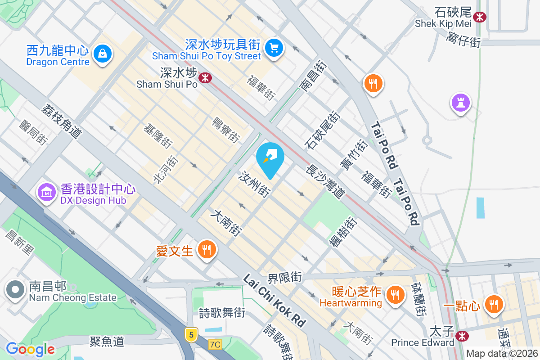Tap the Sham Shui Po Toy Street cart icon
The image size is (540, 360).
point(273,47)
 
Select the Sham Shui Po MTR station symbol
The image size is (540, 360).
point(206,78)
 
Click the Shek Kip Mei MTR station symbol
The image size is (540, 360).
point(480,17)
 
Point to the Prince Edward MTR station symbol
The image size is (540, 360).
point(461,336)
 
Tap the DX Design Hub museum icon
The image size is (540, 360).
point(46,193)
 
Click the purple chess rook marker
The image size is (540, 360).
point(461,103)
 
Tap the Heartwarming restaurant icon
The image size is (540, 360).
point(395,294)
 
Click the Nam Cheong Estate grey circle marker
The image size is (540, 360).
point(15,290)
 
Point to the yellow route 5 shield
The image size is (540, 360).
point(191,334)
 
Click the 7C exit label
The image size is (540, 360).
point(216,345)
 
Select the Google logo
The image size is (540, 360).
point(30,349)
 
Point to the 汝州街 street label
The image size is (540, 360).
point(255,184)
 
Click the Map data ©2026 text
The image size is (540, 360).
point(501,354)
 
